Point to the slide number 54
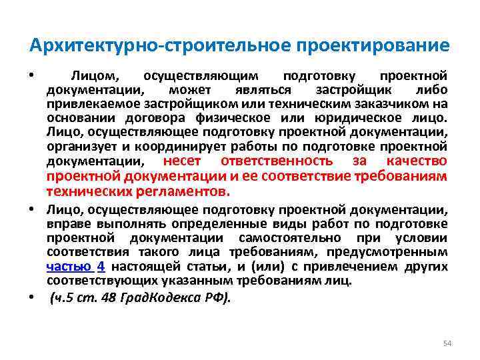447,343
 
